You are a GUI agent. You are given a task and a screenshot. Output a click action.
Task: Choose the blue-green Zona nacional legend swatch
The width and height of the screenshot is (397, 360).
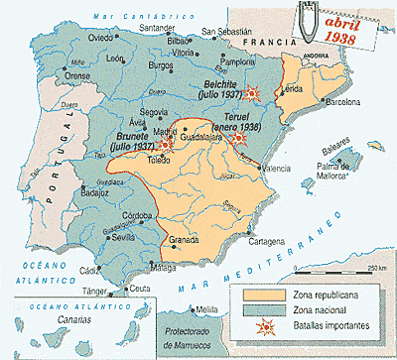tap(247, 312)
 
